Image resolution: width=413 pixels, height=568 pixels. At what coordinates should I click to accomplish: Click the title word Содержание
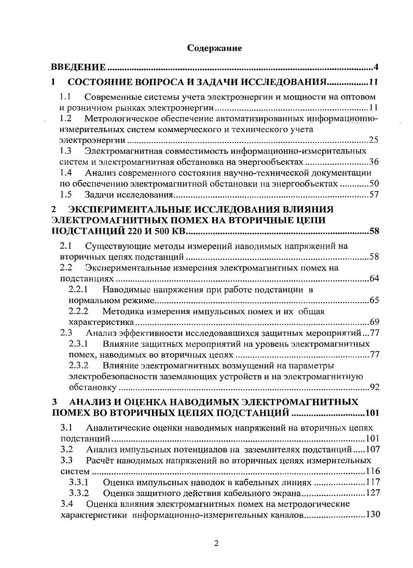[x=215, y=49]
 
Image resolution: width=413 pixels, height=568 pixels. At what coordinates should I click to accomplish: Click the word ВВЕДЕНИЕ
[x=78, y=68]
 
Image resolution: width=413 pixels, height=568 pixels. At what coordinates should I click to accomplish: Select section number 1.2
[x=65, y=119]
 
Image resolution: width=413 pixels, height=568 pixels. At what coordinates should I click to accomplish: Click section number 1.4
[x=65, y=173]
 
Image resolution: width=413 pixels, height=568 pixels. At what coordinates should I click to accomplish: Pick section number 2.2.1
[x=78, y=290]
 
